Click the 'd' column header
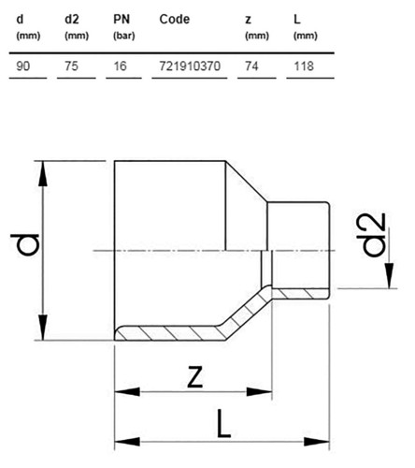[x=20, y=20]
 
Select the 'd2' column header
[x=72, y=20]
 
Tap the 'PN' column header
[x=122, y=20]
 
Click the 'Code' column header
[x=175, y=20]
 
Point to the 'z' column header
[x=248, y=20]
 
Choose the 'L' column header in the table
[x=296, y=20]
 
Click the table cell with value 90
[x=23, y=66]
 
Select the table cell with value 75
[x=71, y=66]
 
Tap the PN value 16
[x=120, y=66]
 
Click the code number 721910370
[x=190, y=66]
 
